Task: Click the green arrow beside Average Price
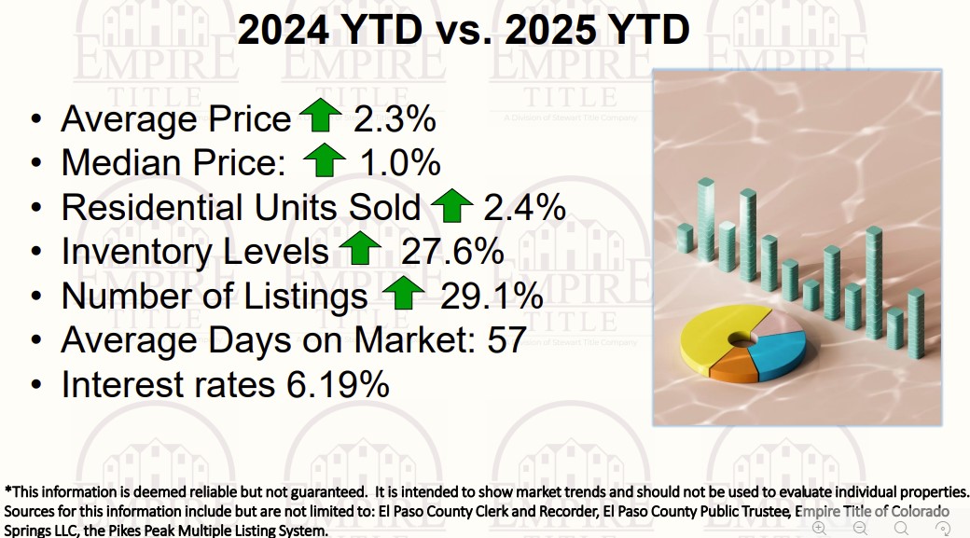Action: (321, 117)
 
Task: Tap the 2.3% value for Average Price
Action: (395, 119)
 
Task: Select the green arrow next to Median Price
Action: (324, 161)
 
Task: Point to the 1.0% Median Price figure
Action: (399, 163)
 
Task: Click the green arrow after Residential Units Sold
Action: (452, 205)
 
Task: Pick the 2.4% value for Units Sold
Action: (524, 207)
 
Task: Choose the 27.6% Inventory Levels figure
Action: (452, 252)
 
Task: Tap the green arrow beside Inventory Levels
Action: (359, 250)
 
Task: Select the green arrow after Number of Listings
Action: (403, 295)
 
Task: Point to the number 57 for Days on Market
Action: (507, 340)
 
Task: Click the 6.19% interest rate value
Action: (333, 385)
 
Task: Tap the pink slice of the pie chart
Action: (773, 325)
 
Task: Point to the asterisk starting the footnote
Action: (8, 490)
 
